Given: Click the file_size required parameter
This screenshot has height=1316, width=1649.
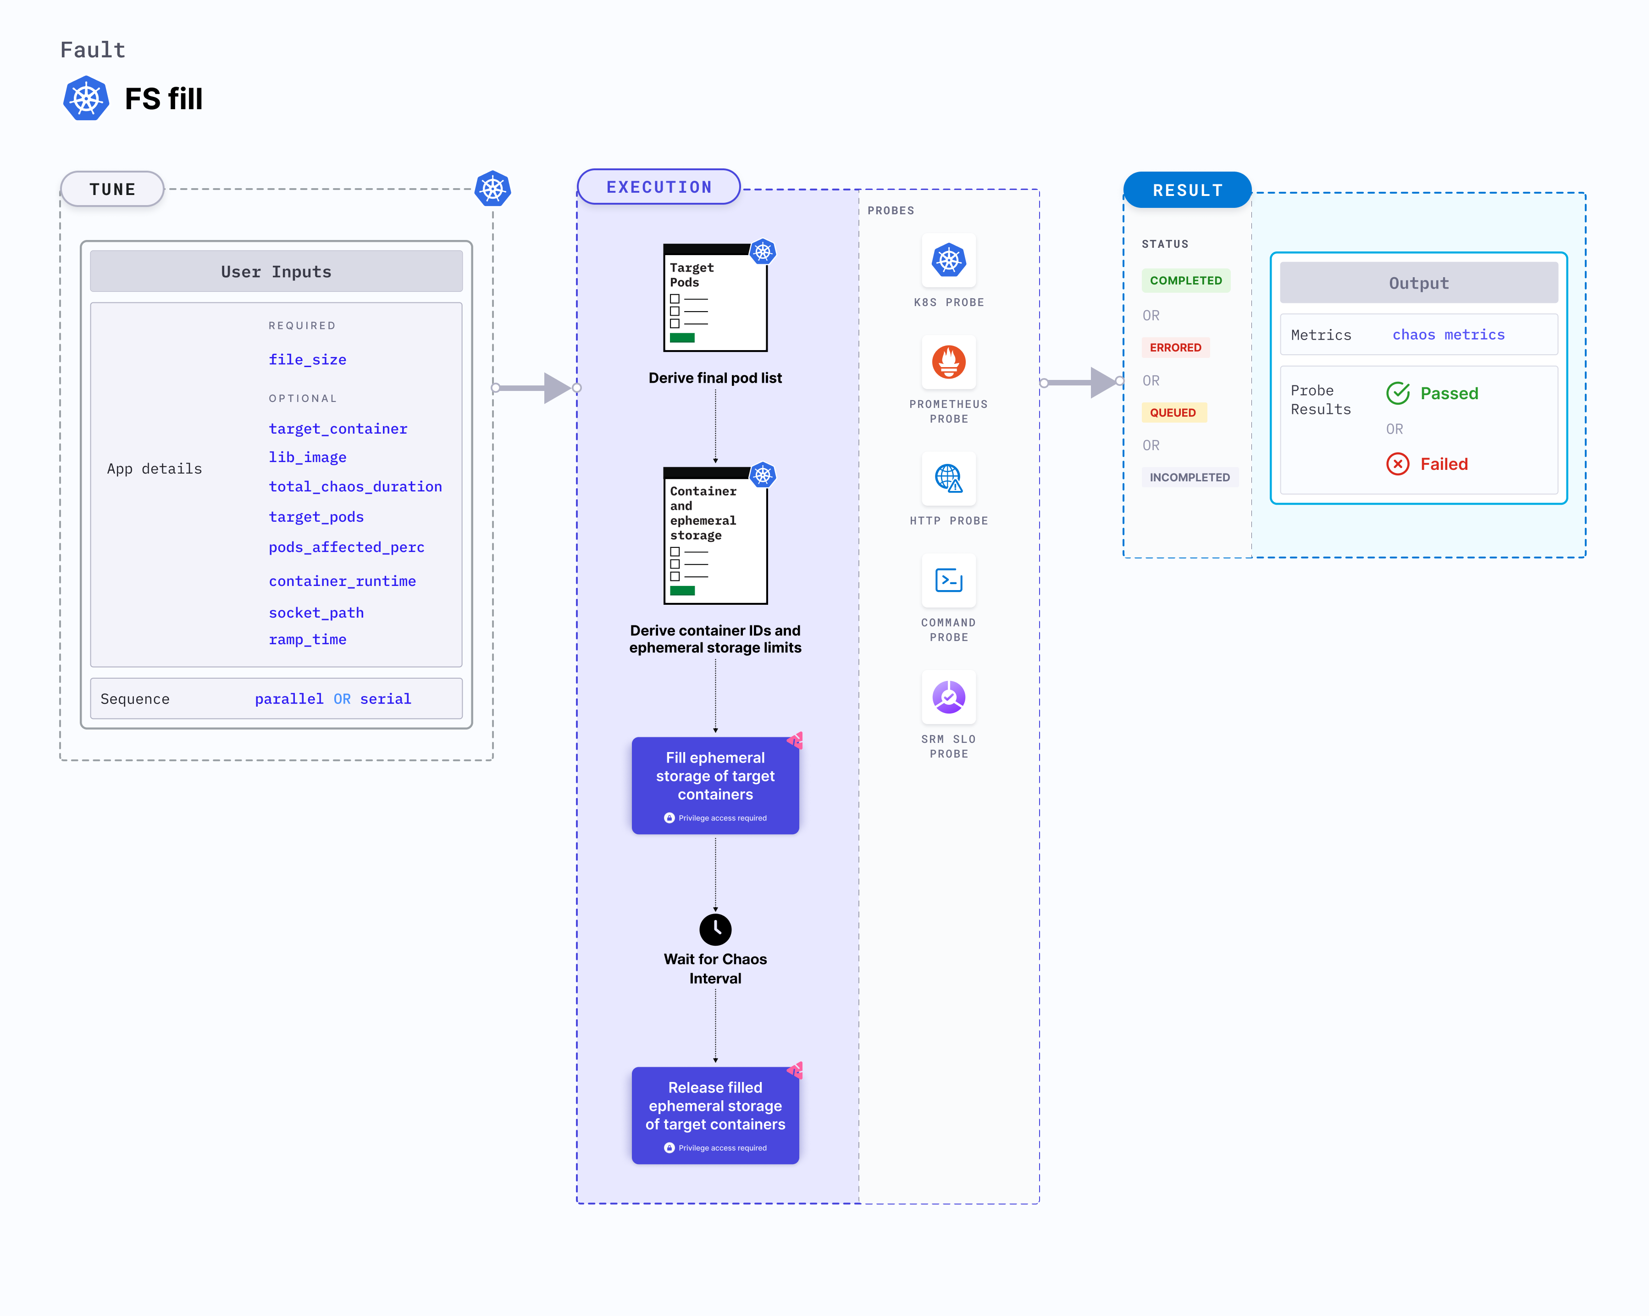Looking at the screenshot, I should pos(307,360).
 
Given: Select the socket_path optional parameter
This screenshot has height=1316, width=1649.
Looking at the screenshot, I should pos(316,613).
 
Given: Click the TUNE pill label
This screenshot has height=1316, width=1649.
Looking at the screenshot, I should pos(112,189).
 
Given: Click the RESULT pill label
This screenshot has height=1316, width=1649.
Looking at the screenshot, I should pos(1187,190).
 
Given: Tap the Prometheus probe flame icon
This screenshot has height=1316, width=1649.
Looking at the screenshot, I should pos(948,362).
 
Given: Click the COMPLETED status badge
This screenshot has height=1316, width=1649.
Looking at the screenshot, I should pos(1185,281).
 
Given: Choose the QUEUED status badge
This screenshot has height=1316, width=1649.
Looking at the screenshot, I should pos(1173,413).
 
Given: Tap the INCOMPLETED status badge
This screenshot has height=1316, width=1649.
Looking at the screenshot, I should pos(1190,477).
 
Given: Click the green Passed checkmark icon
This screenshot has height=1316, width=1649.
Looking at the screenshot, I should pos(1397,393).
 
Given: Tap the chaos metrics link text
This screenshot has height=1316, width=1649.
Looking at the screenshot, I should pos(1448,335).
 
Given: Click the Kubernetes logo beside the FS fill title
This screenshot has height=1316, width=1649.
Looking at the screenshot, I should pos(86,99).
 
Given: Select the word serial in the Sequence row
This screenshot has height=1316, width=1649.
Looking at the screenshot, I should pos(386,698).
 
